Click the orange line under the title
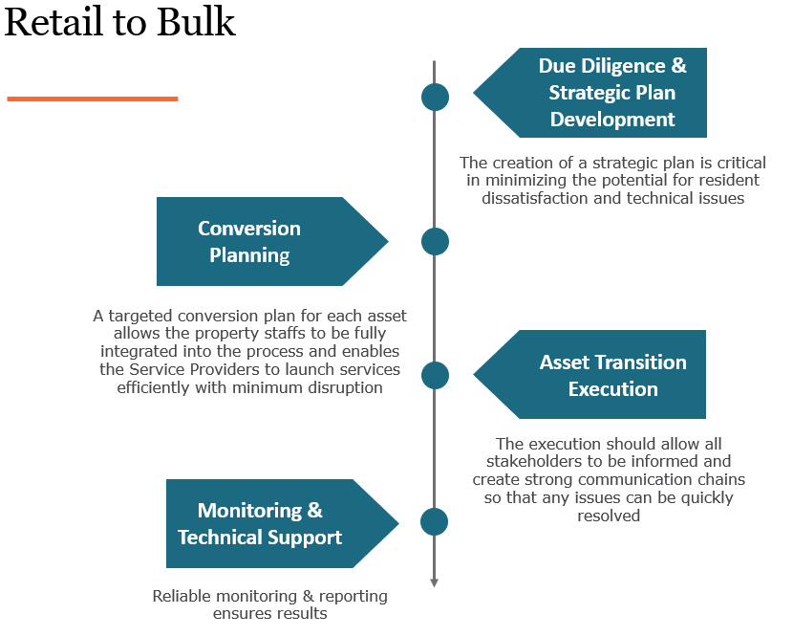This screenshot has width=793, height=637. pyautogui.click(x=92, y=99)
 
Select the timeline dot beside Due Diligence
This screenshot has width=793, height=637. pyautogui.click(x=435, y=97)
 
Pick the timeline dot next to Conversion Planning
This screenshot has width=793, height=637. pyautogui.click(x=435, y=241)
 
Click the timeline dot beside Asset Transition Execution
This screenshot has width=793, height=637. pyautogui.click(x=435, y=375)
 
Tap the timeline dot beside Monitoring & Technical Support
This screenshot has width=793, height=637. pyautogui.click(x=435, y=521)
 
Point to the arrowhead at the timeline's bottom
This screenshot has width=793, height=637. pyautogui.click(x=435, y=582)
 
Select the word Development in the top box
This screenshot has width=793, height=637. pyautogui.click(x=612, y=120)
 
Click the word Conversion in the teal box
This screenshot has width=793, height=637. pyautogui.click(x=249, y=229)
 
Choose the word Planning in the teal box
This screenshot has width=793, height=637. pyautogui.click(x=249, y=255)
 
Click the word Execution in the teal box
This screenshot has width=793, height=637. pyautogui.click(x=612, y=389)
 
